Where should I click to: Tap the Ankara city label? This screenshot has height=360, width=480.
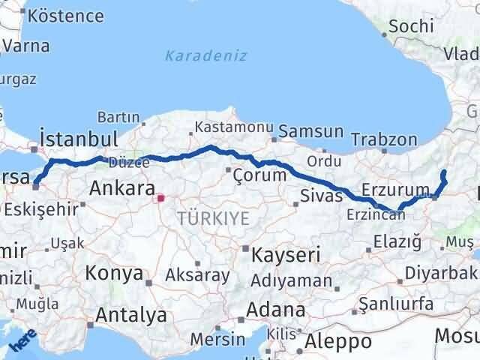click(121, 187)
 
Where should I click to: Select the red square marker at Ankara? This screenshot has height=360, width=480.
click(160, 199)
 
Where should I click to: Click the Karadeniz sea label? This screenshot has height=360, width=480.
click(206, 55)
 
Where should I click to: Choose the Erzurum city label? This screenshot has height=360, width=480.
click(394, 189)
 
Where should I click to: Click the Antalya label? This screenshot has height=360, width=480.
click(130, 316)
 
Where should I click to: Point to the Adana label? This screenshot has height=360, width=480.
click(277, 310)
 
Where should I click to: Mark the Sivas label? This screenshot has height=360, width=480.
click(321, 196)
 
